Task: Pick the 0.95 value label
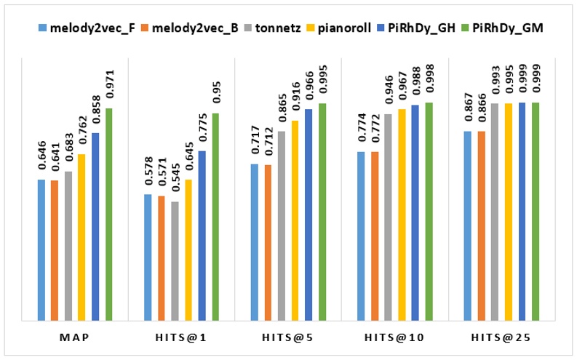coord(215,96)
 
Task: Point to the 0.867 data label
coord(468,111)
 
